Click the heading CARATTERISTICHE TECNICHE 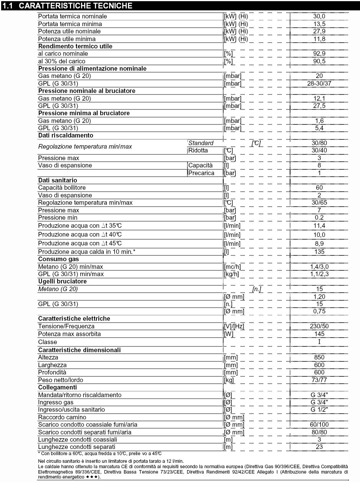click(x=75, y=6)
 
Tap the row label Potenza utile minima click(x=67, y=39)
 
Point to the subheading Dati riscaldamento click(x=65, y=136)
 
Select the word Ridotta click(x=198, y=150)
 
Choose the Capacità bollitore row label click(x=62, y=188)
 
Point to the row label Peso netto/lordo click(x=60, y=380)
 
